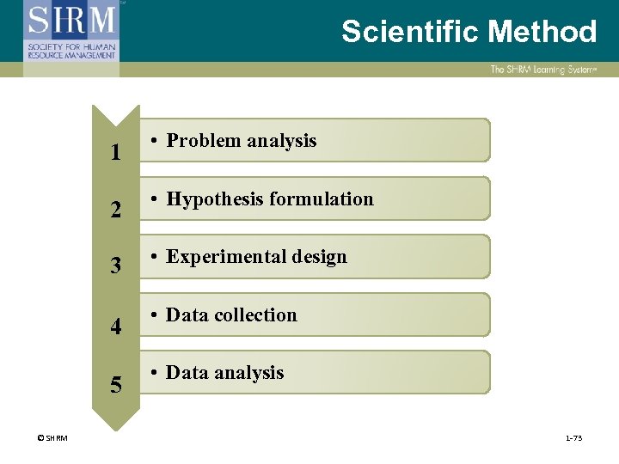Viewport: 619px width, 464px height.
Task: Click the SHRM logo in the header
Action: point(70,31)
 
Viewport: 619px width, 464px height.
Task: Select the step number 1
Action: point(115,153)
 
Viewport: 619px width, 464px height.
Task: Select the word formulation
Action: point(322,199)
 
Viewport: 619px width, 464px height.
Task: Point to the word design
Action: point(318,257)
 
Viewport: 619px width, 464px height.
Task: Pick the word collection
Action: point(256,315)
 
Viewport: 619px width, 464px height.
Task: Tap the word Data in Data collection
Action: point(185,315)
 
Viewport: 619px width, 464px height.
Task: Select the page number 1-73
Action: point(573,439)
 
